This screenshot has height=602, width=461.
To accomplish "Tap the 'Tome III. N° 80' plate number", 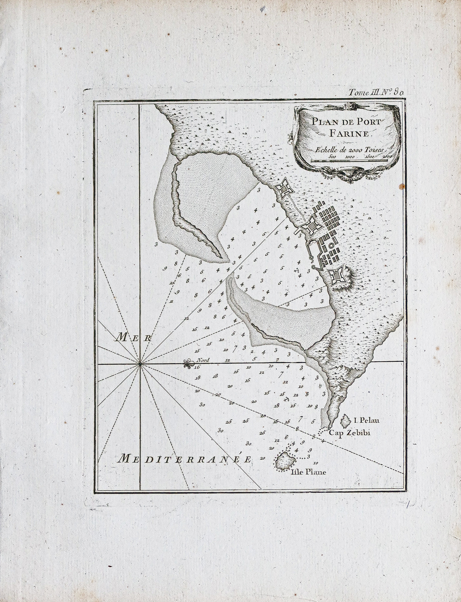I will [x=376, y=93].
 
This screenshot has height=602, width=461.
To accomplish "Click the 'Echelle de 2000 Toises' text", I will [x=349, y=149].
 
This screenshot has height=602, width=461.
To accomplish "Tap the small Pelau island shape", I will [x=345, y=421].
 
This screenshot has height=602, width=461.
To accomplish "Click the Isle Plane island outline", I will [x=285, y=461].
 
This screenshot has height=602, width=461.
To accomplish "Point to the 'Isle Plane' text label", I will [x=309, y=472].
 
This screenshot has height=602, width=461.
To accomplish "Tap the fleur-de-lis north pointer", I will [x=189, y=363].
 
